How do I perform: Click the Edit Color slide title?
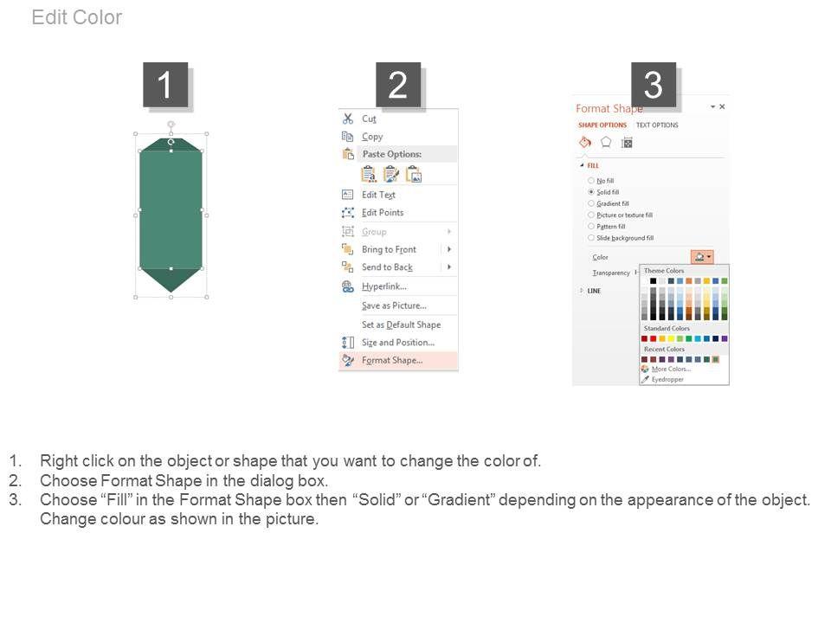(x=77, y=17)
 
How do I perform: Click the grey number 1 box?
(x=165, y=85)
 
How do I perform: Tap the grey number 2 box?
(x=398, y=85)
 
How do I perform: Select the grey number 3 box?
(x=653, y=85)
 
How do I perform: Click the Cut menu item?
(x=369, y=119)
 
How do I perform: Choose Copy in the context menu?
(x=372, y=137)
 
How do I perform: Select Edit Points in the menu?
(x=383, y=213)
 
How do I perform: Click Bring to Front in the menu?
(x=389, y=249)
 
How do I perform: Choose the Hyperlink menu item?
(x=384, y=286)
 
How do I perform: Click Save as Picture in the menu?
(x=395, y=305)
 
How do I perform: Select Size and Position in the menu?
(x=398, y=343)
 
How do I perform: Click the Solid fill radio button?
(x=591, y=192)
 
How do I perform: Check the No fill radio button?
(x=591, y=181)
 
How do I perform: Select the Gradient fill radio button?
(x=591, y=203)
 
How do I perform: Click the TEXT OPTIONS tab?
(x=657, y=125)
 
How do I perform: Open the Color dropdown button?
(x=702, y=257)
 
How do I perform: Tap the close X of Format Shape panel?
(x=722, y=106)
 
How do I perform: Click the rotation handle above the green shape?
(x=171, y=125)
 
